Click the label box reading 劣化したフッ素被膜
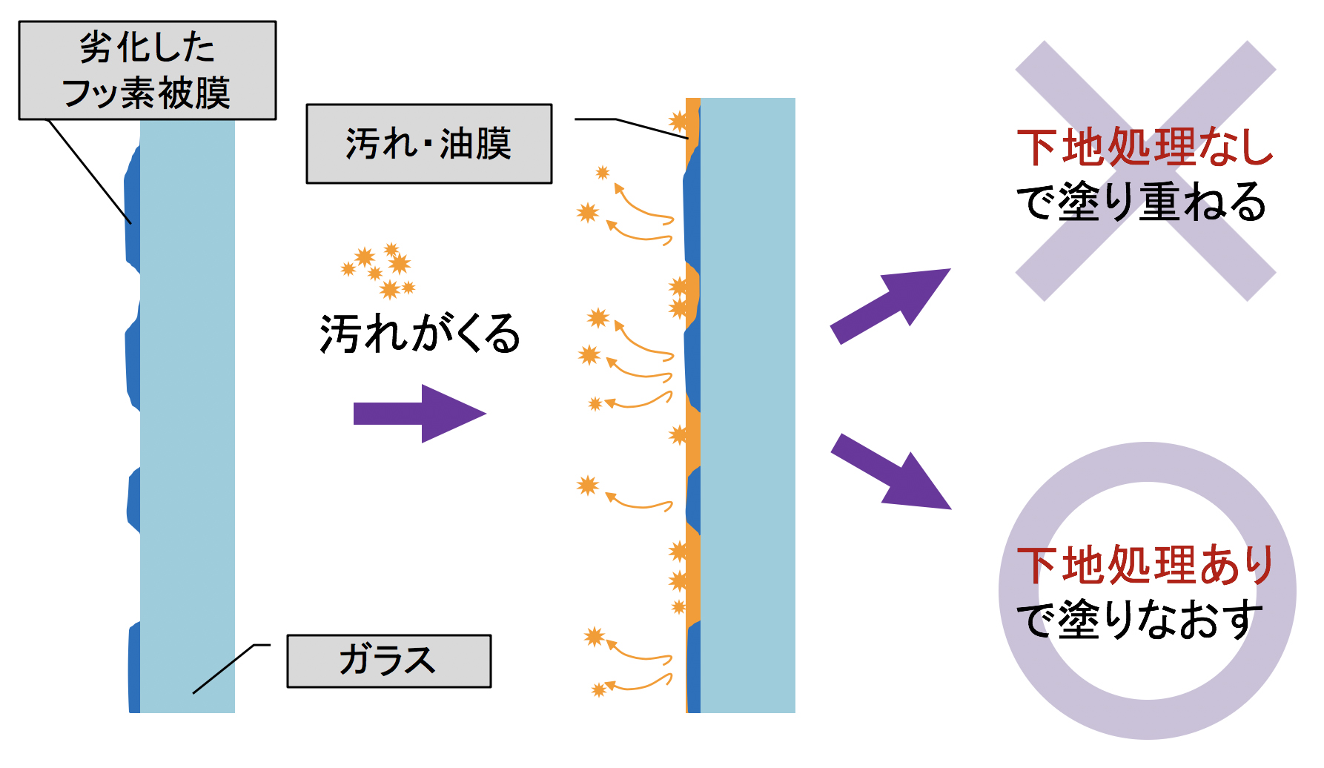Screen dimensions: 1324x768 (x=148, y=70)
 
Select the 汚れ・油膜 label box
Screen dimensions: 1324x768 (x=429, y=143)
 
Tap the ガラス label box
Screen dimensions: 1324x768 (x=389, y=661)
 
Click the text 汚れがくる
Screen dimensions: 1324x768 (x=420, y=333)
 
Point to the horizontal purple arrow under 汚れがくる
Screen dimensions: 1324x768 (x=420, y=414)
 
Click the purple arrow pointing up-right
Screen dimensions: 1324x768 (x=890, y=306)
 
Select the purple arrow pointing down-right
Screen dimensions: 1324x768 (x=890, y=471)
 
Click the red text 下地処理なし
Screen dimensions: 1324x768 (x=1145, y=147)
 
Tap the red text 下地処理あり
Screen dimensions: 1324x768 (x=1145, y=565)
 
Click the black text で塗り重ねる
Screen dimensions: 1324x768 (x=1142, y=202)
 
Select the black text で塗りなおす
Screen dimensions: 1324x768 (x=1139, y=620)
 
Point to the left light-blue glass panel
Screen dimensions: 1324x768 (x=188, y=417)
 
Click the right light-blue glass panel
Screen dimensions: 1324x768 (x=748, y=405)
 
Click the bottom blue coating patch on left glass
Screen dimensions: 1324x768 (x=134, y=667)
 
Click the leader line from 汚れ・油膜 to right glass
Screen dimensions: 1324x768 (x=632, y=128)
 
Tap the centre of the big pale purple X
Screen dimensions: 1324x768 (x=1145, y=171)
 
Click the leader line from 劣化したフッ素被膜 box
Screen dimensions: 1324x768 (x=90, y=172)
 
